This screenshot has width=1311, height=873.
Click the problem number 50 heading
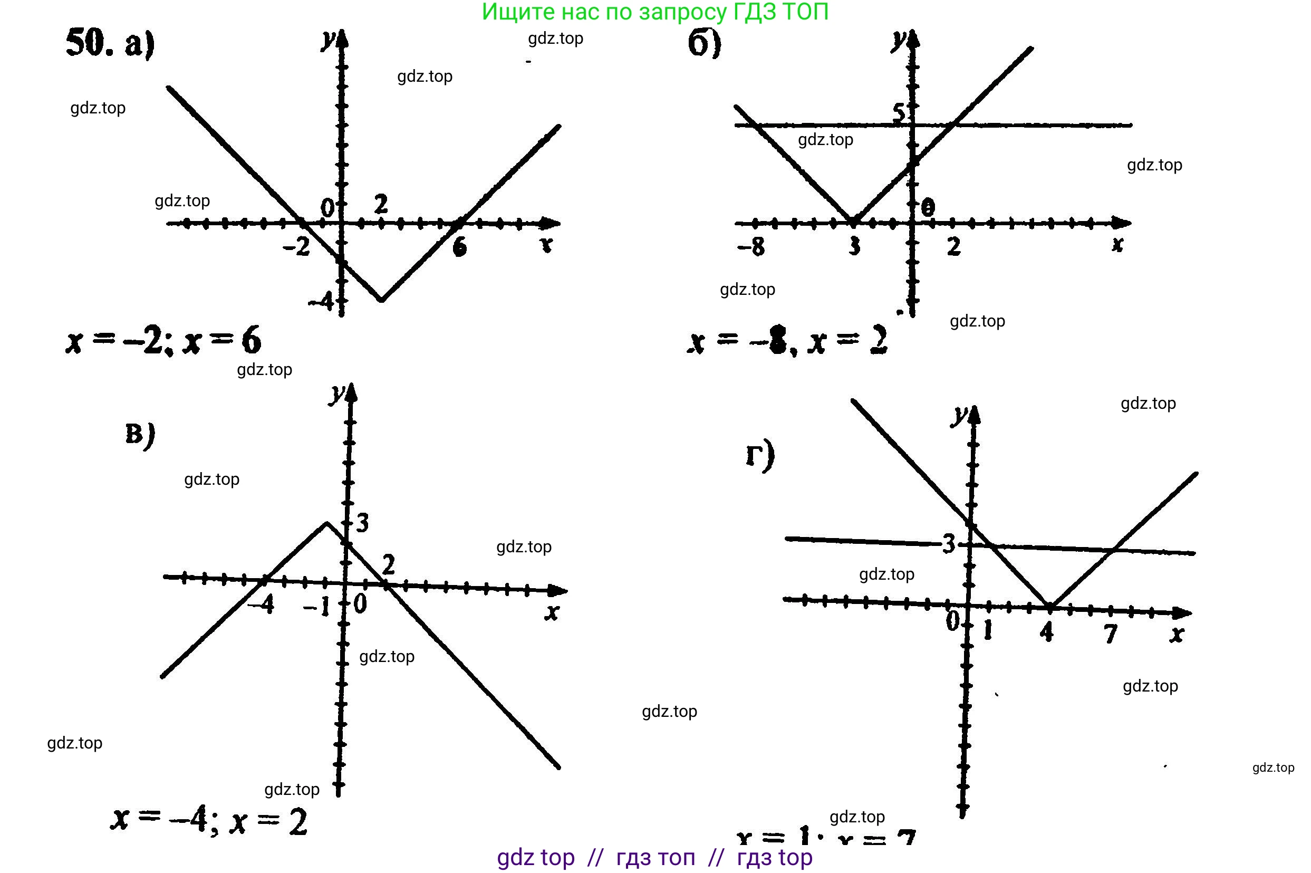point(89,43)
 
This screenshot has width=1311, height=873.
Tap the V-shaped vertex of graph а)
point(381,300)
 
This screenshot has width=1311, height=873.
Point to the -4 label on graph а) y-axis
point(322,302)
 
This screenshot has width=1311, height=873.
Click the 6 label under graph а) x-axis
point(460,247)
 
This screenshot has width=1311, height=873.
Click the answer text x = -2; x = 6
point(163,341)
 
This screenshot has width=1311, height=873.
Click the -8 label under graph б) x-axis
point(751,245)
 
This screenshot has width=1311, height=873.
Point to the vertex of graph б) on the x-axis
point(853,221)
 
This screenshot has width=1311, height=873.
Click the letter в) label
point(140,435)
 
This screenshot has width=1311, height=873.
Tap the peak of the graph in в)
point(326,522)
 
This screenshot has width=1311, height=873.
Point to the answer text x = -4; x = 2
point(209,820)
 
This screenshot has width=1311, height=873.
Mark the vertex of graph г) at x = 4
point(1049,606)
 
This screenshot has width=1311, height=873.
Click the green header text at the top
point(655,12)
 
